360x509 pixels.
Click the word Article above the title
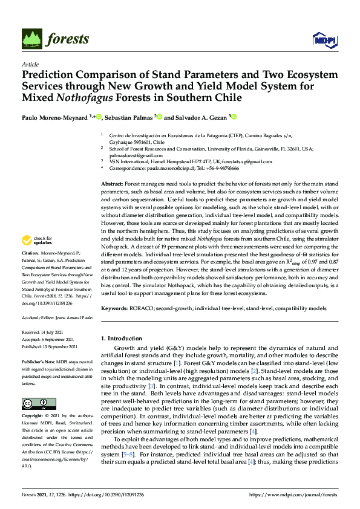point(30,64)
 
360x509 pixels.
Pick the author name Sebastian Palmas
point(129,117)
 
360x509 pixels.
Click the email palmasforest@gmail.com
point(129,154)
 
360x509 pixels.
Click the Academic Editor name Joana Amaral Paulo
point(71,317)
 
